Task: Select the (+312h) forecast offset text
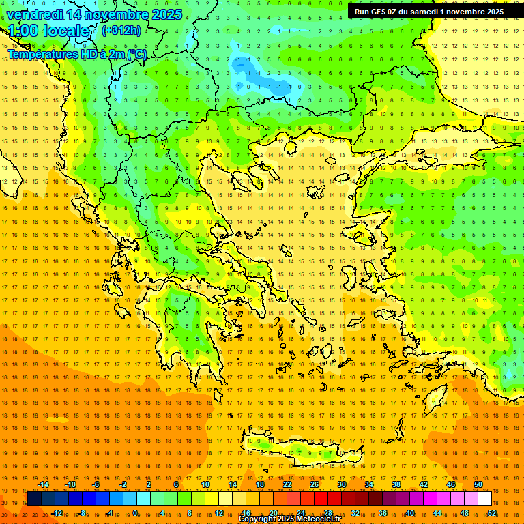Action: (x=121, y=30)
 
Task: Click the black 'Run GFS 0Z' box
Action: (x=428, y=11)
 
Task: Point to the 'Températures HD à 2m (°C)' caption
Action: (x=77, y=53)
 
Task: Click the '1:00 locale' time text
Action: (x=50, y=31)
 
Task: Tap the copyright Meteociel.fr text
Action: (x=290, y=519)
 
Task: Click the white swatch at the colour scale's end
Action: (x=484, y=499)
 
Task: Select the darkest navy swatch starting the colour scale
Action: (x=34, y=499)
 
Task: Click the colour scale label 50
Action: (x=478, y=484)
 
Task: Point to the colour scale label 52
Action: (x=492, y=512)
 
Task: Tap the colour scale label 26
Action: (x=315, y=484)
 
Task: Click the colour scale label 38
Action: (x=396, y=484)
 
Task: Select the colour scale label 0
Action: (x=136, y=512)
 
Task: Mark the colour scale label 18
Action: (x=260, y=484)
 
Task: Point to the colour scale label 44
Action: (x=437, y=512)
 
